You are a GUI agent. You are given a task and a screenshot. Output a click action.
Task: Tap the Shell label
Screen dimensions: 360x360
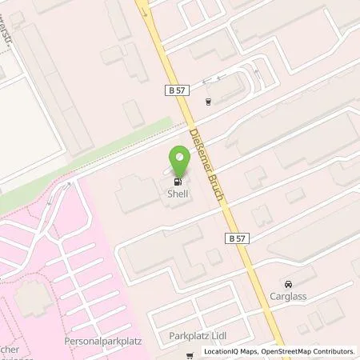tap(177, 192)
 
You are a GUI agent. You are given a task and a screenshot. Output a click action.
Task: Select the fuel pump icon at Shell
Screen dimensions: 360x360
tap(177, 178)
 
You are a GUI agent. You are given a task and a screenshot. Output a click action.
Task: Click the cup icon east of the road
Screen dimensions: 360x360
tap(207, 102)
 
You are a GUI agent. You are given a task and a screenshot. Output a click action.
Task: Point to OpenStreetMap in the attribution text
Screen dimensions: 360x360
tap(285, 350)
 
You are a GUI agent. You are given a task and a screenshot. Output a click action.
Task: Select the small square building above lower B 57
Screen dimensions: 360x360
tap(213, 255)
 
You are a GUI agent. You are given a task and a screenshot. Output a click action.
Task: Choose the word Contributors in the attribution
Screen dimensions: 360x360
tap(334, 350)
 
